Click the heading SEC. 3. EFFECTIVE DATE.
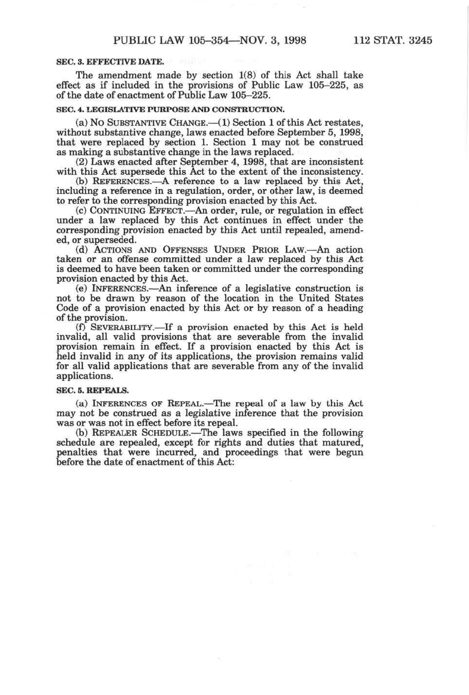click(110, 62)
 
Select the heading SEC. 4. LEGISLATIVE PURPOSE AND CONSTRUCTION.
click(170, 109)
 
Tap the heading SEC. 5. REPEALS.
click(93, 391)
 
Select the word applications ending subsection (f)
click(84, 376)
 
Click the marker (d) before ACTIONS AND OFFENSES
click(82, 250)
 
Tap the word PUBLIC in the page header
click(133, 40)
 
